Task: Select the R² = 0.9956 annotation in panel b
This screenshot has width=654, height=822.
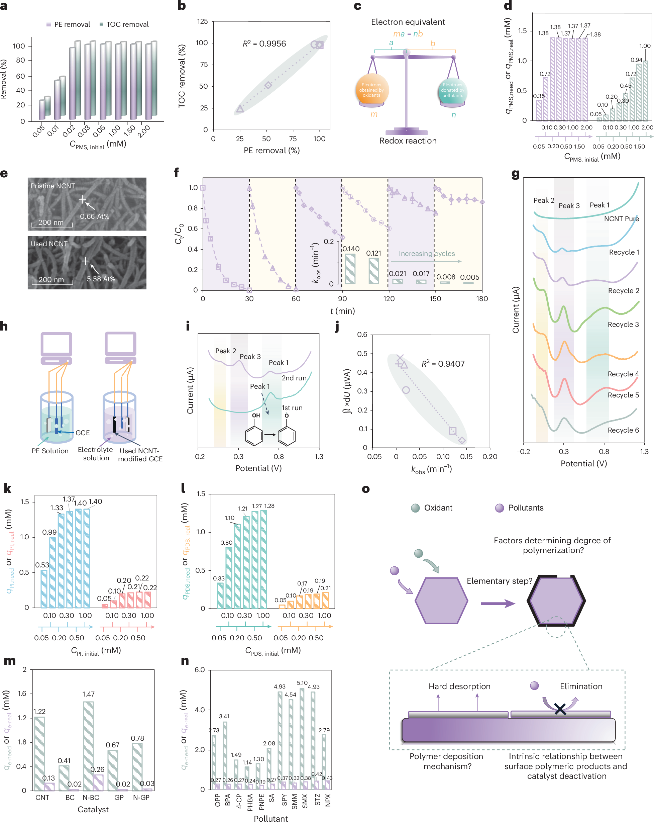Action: [264, 43]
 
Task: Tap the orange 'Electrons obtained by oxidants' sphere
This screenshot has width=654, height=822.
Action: [371, 90]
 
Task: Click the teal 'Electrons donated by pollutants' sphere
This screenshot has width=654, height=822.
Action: [452, 90]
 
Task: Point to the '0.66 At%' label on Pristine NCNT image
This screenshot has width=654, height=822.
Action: [95, 216]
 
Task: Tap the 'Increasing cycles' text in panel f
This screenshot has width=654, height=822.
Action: [427, 254]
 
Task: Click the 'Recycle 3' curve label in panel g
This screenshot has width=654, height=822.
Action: [623, 325]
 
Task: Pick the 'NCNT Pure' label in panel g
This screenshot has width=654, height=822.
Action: [621, 218]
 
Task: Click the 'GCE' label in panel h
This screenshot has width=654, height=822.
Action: [82, 433]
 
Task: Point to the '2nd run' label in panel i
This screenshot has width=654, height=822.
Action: [294, 378]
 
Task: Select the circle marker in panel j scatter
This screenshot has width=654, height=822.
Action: [406, 390]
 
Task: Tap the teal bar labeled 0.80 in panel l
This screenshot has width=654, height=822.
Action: [229, 578]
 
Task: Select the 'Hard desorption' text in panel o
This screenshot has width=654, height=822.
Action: [459, 686]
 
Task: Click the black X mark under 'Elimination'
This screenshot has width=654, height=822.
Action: [560, 709]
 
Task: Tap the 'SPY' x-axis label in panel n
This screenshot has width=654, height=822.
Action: [284, 800]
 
